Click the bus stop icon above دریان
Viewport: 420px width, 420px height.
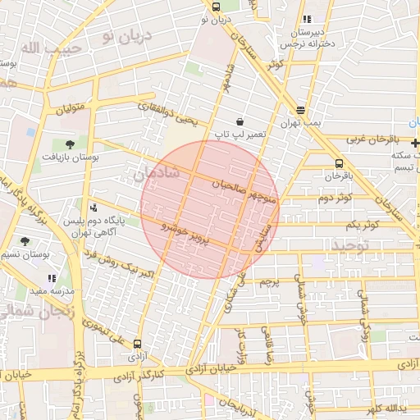[216, 7]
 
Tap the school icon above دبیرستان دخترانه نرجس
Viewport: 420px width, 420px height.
[306, 19]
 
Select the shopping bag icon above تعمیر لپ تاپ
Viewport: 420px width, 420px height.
[239, 121]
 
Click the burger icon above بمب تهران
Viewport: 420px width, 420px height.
[301, 110]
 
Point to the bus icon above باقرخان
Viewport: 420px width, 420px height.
[340, 163]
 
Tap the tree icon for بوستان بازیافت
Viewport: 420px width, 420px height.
[69, 144]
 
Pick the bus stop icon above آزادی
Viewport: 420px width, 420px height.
[137, 345]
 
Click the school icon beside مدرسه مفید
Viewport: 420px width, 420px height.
[52, 279]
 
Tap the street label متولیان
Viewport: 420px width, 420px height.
[71, 107]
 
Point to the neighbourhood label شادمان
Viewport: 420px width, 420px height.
[154, 172]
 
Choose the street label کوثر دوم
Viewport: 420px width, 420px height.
[335, 198]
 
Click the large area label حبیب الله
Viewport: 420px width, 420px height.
[41, 49]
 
